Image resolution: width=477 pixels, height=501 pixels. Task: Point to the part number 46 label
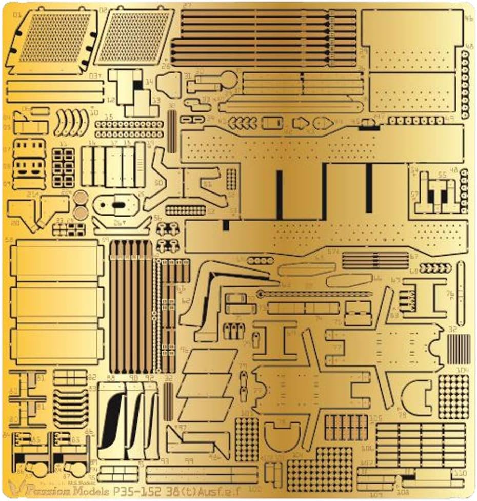pyautogui.click(x=468, y=19)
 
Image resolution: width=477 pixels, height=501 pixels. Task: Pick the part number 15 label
pyautogui.click(x=109, y=117)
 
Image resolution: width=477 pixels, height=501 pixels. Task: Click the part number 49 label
pyautogui.click(x=450, y=119)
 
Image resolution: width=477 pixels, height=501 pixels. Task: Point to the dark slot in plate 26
pyautogui.click(x=118, y=204)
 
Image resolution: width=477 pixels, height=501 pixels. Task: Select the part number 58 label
pyautogui.click(x=9, y=240)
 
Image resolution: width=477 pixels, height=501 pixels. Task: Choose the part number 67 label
pyautogui.click(x=413, y=256)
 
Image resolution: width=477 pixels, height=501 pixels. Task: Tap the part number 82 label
pyautogui.click(x=92, y=377)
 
